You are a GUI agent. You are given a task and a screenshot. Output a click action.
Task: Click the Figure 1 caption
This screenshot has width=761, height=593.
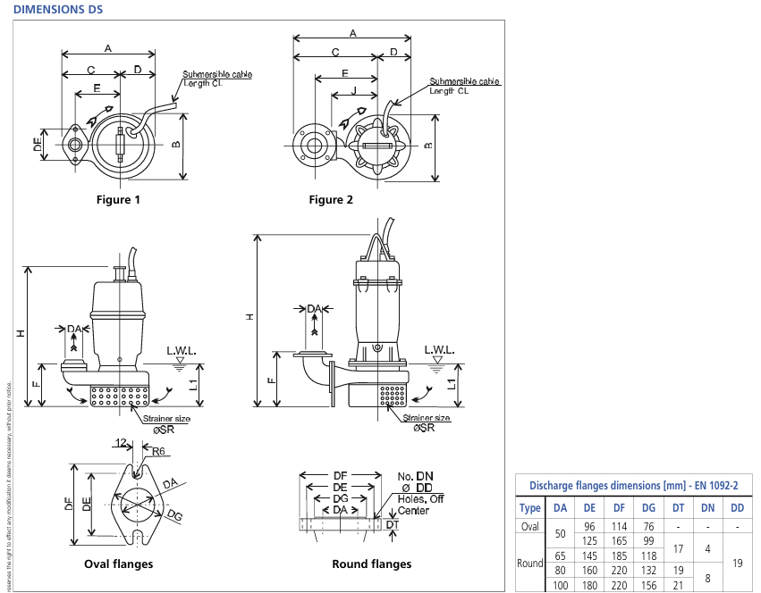[118, 200]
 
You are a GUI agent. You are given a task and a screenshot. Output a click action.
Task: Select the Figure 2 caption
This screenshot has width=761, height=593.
[331, 200]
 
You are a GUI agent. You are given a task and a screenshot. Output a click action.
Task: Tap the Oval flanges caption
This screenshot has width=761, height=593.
[118, 564]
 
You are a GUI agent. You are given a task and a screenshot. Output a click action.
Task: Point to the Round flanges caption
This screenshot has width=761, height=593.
[371, 564]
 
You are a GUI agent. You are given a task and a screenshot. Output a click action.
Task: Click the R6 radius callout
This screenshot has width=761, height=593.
[159, 452]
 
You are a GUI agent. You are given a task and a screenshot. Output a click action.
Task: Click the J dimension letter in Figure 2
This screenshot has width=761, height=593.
[353, 91]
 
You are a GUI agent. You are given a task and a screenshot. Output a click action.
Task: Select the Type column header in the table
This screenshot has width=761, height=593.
[530, 508]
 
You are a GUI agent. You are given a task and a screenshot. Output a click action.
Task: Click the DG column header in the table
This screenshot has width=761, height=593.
[648, 508]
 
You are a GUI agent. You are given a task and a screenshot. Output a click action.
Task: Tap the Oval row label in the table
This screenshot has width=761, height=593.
[530, 526]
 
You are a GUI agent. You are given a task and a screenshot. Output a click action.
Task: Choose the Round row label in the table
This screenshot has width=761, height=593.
[530, 563]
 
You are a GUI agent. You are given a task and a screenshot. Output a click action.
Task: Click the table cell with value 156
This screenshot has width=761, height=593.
[648, 585]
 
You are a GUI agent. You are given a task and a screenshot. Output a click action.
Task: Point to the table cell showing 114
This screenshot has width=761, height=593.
[619, 526]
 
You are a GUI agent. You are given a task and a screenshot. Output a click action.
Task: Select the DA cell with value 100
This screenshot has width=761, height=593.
[560, 585]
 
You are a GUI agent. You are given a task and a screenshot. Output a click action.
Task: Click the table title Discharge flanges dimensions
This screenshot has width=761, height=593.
[633, 485]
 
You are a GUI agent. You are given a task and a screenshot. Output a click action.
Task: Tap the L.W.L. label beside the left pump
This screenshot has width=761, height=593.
[180, 350]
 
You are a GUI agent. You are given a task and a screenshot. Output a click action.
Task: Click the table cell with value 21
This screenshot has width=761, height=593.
[678, 585]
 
